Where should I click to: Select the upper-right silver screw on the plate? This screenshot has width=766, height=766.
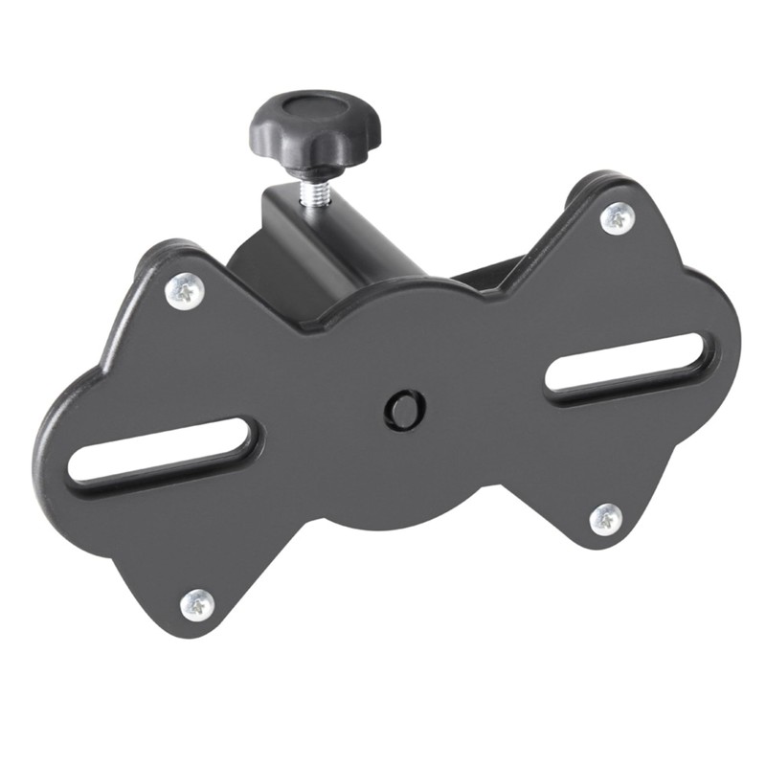617,217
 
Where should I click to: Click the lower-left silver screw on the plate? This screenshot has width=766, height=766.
197,602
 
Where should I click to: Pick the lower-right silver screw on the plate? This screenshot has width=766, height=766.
605,518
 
